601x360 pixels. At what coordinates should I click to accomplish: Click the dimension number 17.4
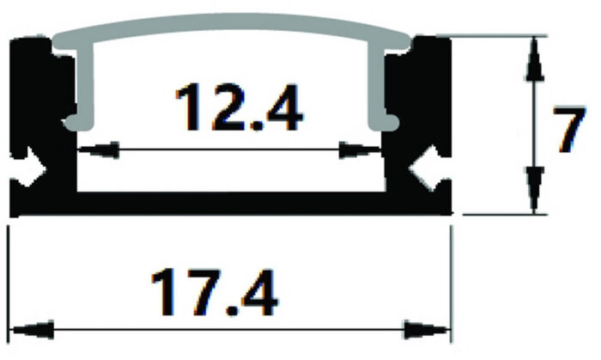[x=214, y=293]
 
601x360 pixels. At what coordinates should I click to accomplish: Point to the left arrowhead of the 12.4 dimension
[x=96, y=149]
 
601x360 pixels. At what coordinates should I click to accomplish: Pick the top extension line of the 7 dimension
[x=498, y=36]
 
